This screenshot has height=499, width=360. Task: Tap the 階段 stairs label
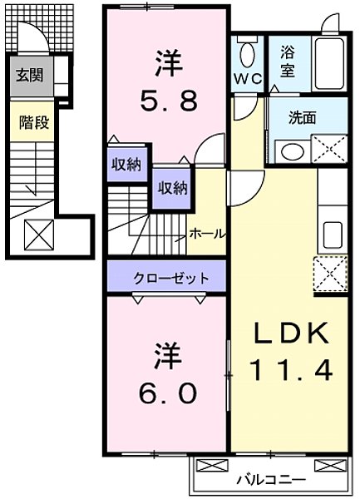pyautogui.click(x=34, y=122)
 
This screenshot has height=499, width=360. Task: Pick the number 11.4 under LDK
pyautogui.click(x=288, y=368)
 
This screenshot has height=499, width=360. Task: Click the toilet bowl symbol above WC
pyautogui.click(x=247, y=54)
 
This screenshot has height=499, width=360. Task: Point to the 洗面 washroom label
pyautogui.click(x=301, y=118)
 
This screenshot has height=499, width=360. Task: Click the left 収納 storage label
pyautogui.click(x=126, y=165)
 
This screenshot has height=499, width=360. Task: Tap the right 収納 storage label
pyautogui.click(x=168, y=187)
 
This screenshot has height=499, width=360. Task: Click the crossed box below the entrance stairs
pyautogui.click(x=37, y=234)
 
